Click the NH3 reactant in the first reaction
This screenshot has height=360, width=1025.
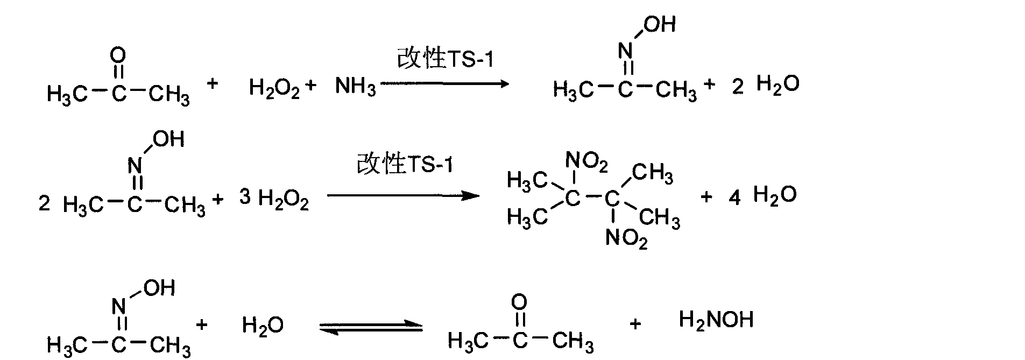(356, 86)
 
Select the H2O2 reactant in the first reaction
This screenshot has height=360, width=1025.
(274, 86)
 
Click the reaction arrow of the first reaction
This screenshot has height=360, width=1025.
(444, 83)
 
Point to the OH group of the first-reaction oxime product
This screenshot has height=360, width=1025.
(660, 24)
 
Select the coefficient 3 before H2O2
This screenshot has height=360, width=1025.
(245, 197)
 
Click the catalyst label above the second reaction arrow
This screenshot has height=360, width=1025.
(405, 164)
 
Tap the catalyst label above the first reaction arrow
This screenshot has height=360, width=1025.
(445, 58)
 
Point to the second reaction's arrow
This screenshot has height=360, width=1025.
(403, 195)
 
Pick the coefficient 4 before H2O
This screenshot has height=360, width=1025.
(734, 198)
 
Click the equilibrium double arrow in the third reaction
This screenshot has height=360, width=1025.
(371, 328)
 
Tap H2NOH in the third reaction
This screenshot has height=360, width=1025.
(716, 320)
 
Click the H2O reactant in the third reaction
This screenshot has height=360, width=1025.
(263, 325)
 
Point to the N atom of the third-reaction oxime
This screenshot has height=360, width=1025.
(119, 307)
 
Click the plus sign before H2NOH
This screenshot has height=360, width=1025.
(635, 324)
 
